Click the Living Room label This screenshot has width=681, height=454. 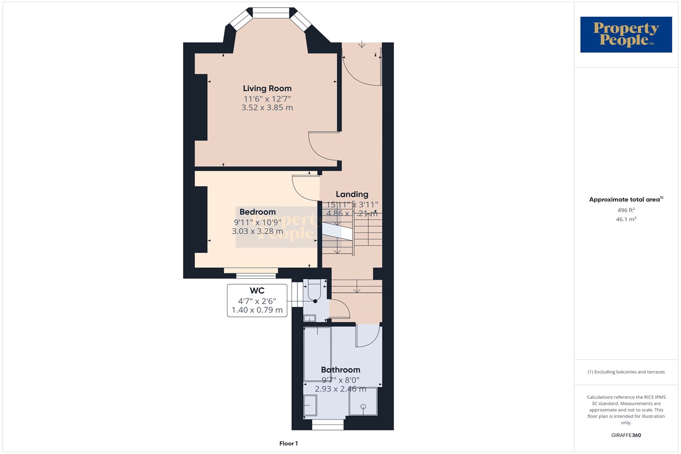(x=267, y=89)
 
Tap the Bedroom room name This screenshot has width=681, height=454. (x=257, y=212)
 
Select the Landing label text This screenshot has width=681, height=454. (x=352, y=194)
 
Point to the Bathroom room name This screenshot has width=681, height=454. (x=340, y=370)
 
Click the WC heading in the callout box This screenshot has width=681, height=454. (x=257, y=291)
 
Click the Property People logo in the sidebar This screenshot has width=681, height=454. (x=626, y=35)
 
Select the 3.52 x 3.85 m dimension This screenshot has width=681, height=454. (x=267, y=108)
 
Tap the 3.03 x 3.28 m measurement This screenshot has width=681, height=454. (x=257, y=231)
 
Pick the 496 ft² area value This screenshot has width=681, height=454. (x=626, y=210)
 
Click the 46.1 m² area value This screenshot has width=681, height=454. (x=626, y=219)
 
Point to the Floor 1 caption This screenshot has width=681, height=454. (x=288, y=444)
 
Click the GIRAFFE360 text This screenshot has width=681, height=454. (x=626, y=435)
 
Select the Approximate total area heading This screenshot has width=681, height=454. (x=626, y=199)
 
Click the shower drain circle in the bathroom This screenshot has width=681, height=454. (x=363, y=407)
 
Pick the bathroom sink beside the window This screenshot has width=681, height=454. (x=310, y=405)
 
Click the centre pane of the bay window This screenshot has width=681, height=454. (x=271, y=12)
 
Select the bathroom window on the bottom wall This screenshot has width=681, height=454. (x=328, y=424)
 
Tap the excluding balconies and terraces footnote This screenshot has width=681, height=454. (x=626, y=372)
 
